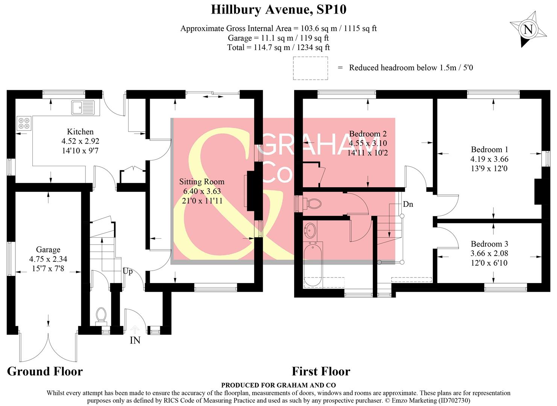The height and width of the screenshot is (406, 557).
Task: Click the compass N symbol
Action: point(528,29)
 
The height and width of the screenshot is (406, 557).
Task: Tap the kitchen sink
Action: point(83,108)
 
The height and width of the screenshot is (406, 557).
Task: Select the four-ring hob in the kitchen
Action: point(24,123)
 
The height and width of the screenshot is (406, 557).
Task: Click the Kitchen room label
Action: point(80,132)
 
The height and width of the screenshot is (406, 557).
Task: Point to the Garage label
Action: point(48,250)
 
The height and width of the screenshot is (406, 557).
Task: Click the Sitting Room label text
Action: point(202,182)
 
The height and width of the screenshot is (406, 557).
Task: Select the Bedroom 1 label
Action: point(489,149)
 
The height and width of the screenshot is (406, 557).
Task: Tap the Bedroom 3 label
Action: point(489,244)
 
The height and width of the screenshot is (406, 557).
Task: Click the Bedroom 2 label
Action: point(368,134)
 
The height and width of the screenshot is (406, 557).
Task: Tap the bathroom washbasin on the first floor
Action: point(311,230)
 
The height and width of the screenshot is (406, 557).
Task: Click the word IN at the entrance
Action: point(135,341)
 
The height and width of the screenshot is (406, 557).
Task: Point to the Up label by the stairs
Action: point(127,271)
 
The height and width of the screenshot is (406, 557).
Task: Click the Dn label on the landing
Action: point(408,204)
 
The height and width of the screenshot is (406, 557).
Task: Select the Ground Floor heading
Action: point(45,371)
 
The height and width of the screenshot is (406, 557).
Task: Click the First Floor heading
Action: point(321,371)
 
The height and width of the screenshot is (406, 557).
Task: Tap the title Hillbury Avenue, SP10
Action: point(278,9)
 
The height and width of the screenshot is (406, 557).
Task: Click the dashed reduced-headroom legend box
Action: point(310,68)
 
